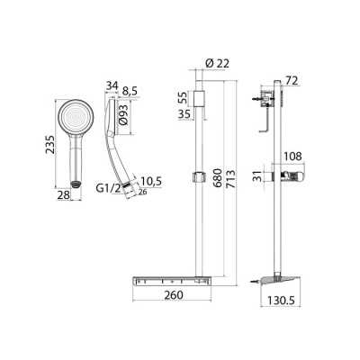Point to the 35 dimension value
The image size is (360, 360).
pyautogui.click(x=181, y=114)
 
